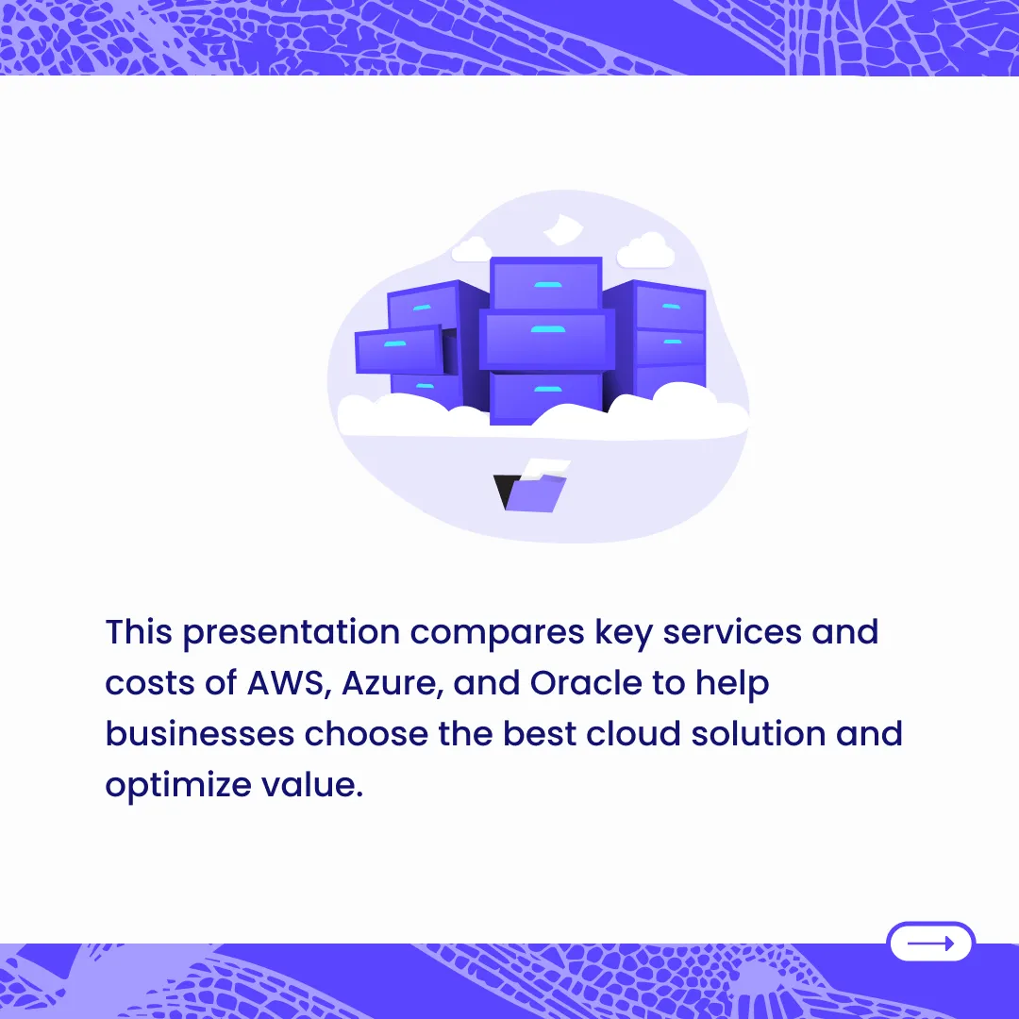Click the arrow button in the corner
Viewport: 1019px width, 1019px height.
(930, 942)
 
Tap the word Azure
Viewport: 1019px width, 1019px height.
(393, 683)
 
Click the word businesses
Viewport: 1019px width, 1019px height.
(200, 734)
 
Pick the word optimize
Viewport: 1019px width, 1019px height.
(178, 786)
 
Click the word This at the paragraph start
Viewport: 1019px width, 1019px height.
(139, 631)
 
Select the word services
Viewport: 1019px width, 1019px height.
(732, 631)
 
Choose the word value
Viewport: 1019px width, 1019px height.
(312, 784)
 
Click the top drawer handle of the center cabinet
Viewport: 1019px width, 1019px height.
(548, 285)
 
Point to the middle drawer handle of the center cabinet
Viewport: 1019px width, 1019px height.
(548, 329)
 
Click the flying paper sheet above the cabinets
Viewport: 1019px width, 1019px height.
(562, 229)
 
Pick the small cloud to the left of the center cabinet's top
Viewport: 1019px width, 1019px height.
(471, 249)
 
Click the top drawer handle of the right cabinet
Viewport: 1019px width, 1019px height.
(672, 306)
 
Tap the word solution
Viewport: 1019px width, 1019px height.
(759, 734)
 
